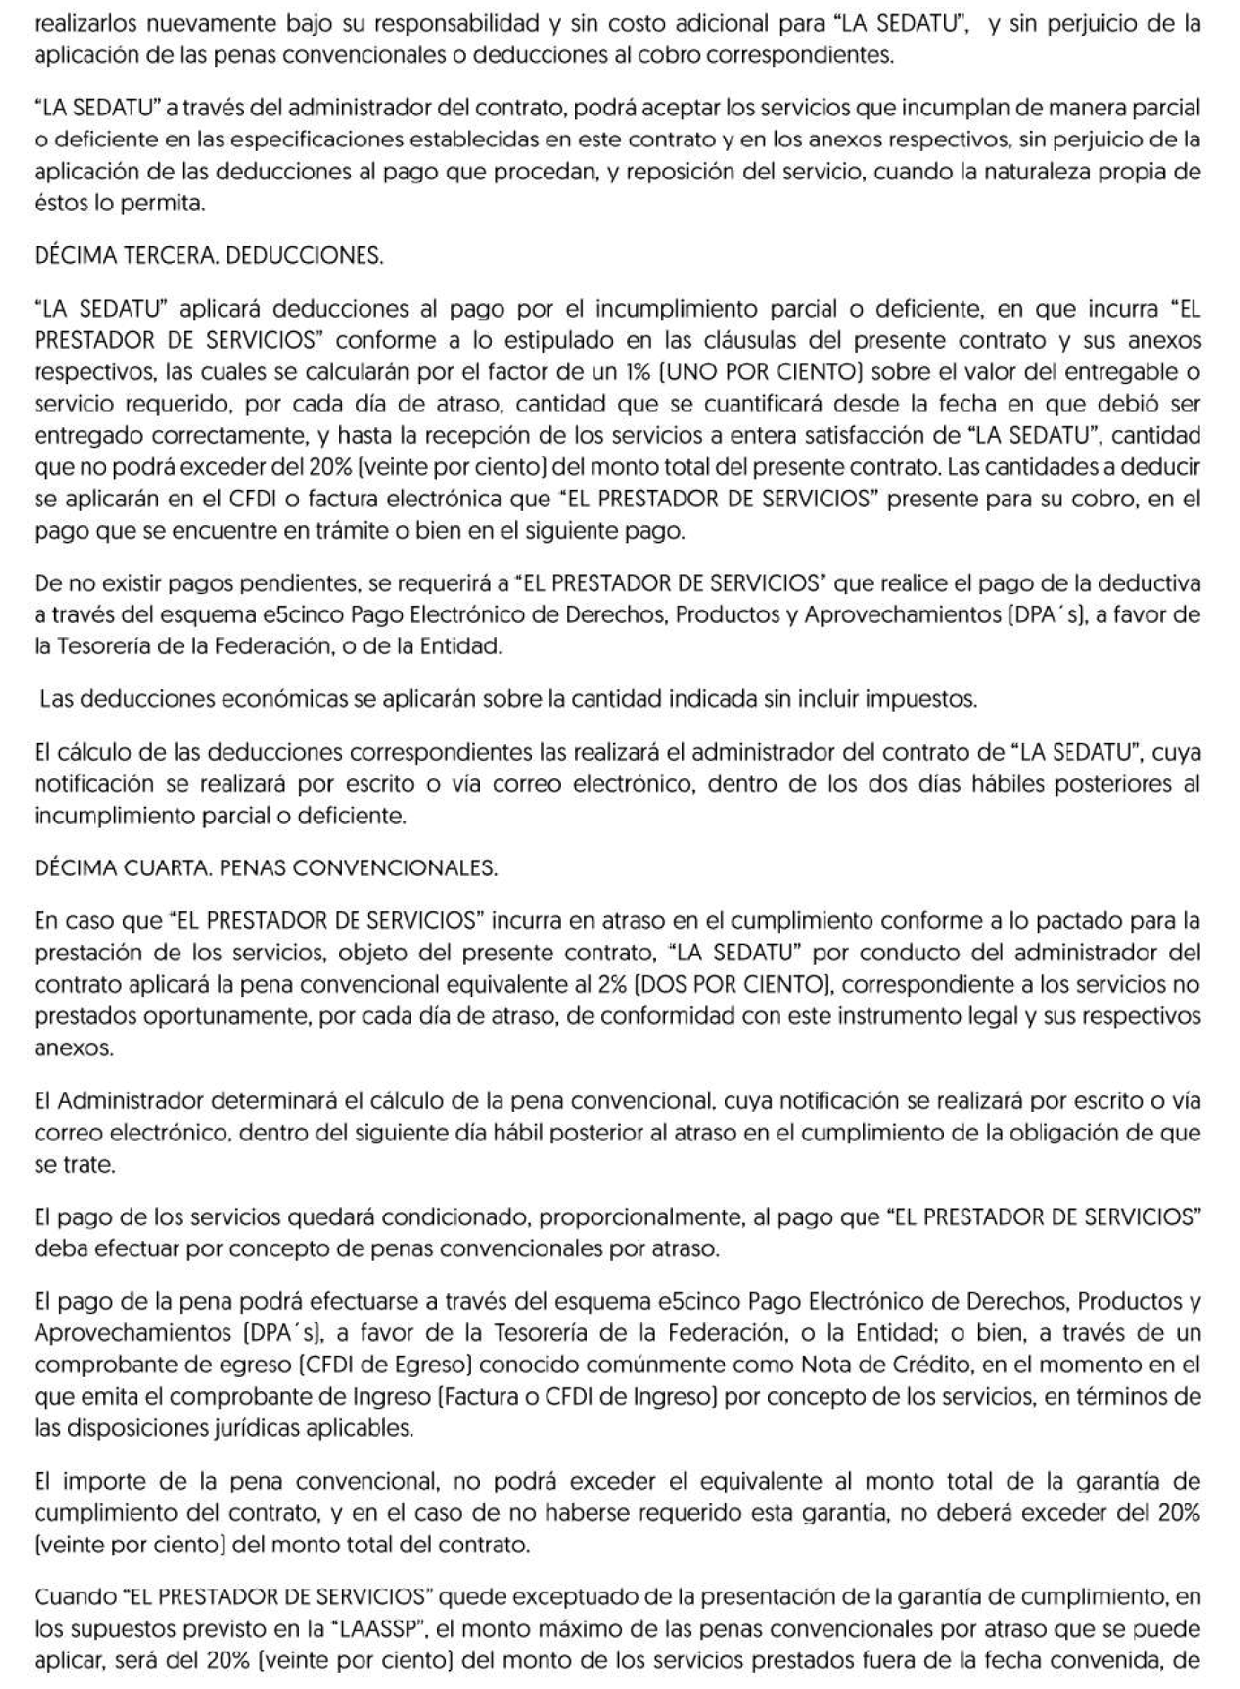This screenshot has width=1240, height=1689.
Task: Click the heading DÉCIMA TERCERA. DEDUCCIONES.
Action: [208, 256]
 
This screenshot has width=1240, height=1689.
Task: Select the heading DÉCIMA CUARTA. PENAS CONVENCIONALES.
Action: [265, 868]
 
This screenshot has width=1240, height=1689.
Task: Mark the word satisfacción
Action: [890, 435]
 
